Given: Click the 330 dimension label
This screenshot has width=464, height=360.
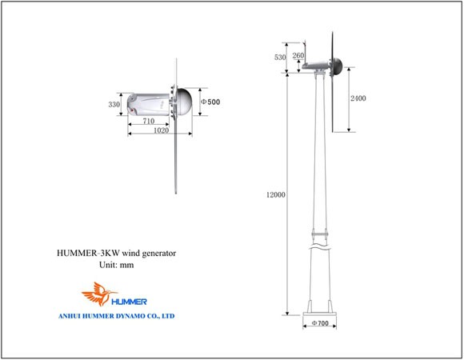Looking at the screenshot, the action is [x=114, y=105].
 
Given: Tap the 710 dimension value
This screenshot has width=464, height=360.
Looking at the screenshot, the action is [x=149, y=121].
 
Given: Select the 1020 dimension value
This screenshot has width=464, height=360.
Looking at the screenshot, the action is [x=162, y=130].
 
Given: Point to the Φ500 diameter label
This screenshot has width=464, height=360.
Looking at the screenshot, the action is [x=210, y=102].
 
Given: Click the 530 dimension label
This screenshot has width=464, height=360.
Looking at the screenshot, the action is [x=280, y=57].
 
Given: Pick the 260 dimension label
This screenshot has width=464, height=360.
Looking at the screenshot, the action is [x=298, y=55].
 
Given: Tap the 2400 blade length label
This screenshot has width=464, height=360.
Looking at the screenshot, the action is [x=358, y=98].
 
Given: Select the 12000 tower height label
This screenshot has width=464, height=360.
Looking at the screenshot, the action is [x=276, y=194].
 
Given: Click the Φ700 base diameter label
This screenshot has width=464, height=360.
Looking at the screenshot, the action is [x=320, y=323].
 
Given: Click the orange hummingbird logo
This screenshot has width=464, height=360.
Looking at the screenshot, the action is [x=98, y=294].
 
